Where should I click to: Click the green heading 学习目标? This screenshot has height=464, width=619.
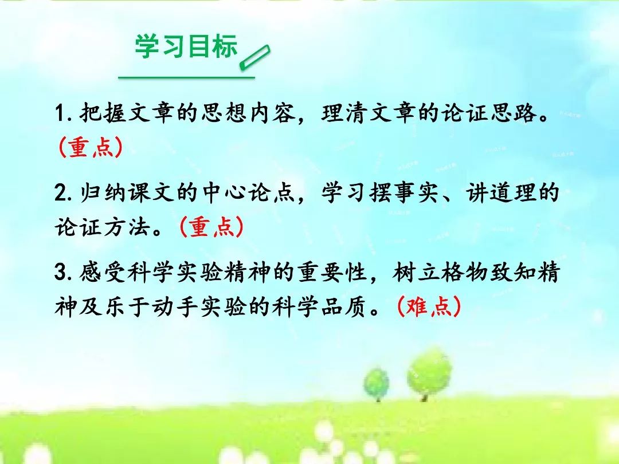(x=186, y=46)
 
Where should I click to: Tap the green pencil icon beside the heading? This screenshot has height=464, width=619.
(x=255, y=58)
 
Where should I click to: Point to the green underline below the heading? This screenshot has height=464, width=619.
(x=186, y=77)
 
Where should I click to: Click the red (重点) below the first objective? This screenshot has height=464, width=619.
(x=91, y=148)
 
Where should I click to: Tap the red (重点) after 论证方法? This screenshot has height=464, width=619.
(x=211, y=227)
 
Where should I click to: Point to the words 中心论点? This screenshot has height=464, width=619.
(x=248, y=193)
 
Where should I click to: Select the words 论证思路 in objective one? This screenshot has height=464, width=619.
(x=489, y=113)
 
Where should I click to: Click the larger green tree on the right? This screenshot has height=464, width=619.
(x=429, y=373)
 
